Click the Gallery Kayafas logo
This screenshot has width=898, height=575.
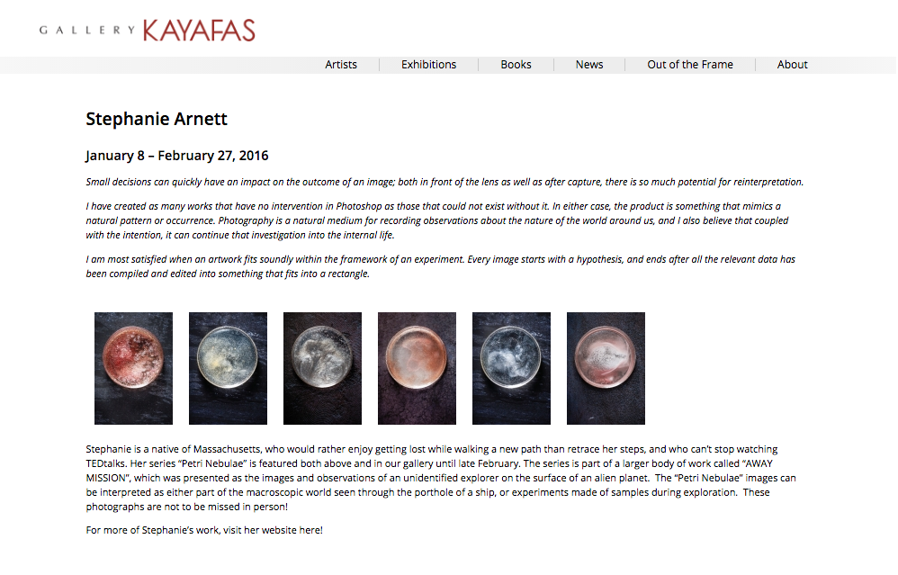148,31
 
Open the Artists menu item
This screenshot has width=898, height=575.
341,65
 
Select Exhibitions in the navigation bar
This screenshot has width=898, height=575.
428,65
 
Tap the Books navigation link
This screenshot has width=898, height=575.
516,65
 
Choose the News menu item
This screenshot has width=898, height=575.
589,65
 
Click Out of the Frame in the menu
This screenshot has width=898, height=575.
690,65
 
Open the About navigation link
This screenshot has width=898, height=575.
792,65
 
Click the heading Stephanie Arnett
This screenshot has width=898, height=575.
157,119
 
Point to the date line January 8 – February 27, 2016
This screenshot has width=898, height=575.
176,156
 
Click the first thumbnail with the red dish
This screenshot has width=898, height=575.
133,368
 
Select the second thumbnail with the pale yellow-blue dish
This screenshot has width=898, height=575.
228,368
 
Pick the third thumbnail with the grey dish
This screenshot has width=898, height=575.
322,368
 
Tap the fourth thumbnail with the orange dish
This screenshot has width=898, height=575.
417,368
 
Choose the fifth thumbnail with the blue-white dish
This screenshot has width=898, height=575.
511,368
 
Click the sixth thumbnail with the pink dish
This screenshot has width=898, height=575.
606,368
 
